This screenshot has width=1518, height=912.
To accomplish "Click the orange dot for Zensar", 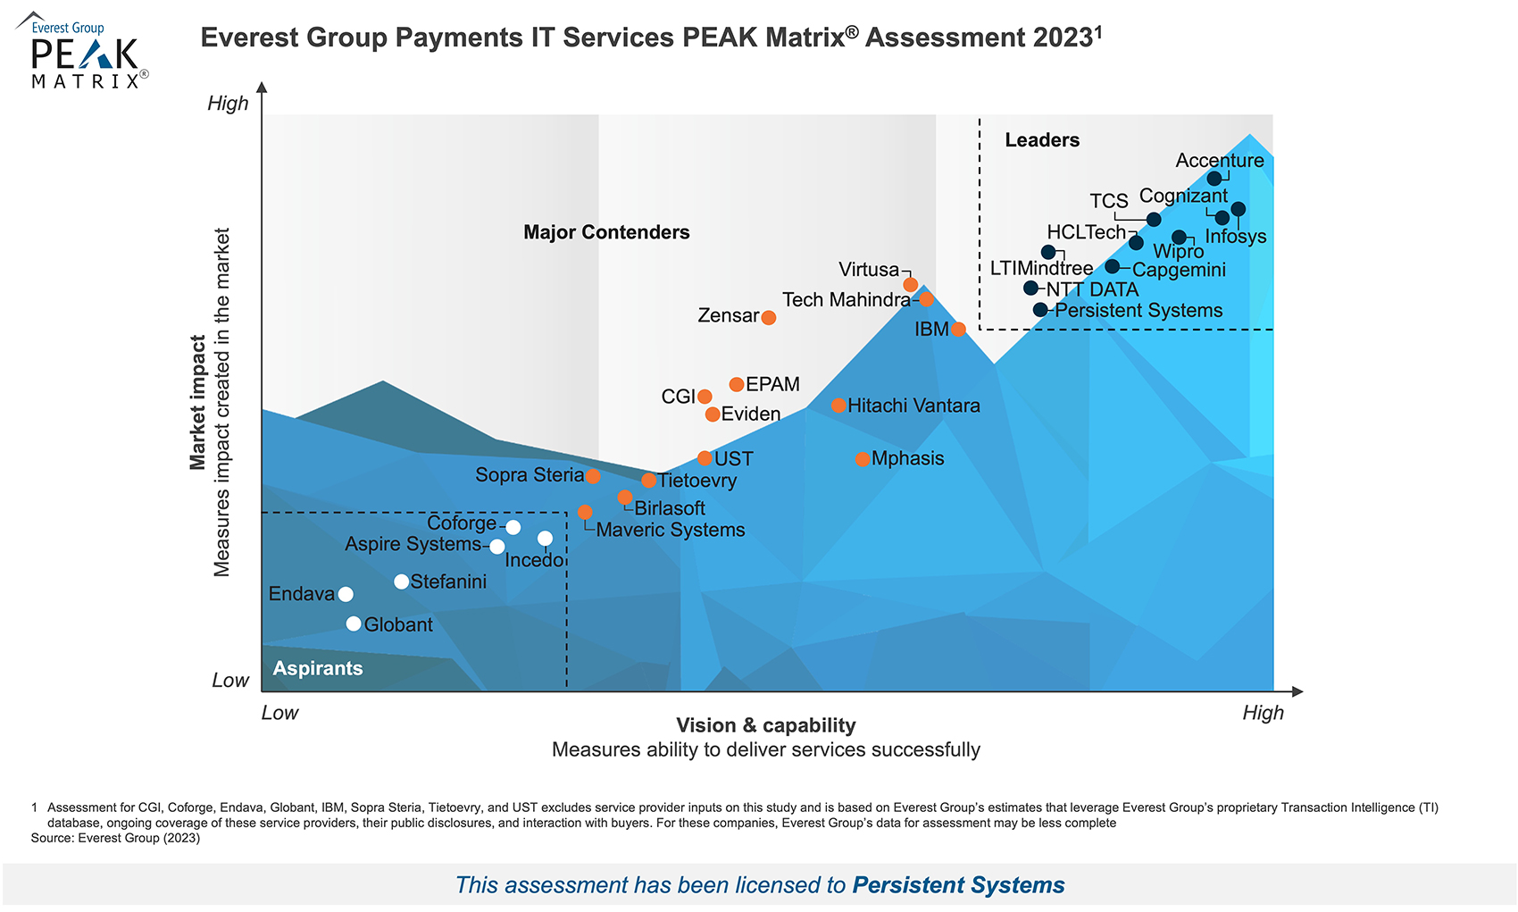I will coord(768,317).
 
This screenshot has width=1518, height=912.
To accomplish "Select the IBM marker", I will coord(958,330).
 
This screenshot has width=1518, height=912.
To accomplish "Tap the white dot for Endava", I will coord(346,594).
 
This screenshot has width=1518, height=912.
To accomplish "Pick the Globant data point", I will coord(354,623).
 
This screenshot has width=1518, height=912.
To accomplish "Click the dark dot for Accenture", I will coord(1214,179).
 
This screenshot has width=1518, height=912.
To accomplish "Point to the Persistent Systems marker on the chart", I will coord(1040,310).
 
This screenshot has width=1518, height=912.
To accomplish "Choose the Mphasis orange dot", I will coord(862,459).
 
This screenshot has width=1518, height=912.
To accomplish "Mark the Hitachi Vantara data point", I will coord(838,406).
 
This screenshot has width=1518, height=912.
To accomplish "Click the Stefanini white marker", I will coord(402,582).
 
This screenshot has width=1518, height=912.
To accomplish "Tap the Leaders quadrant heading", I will coord(1041,140).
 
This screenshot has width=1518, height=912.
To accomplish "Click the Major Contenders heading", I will coord(606,232).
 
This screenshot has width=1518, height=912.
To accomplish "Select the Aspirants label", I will coord(318,668).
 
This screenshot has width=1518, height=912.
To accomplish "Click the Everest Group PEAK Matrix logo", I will coord(82,51).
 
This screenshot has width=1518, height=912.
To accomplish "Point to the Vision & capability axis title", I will coord(765,725).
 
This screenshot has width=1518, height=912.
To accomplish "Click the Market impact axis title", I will coord(197,402).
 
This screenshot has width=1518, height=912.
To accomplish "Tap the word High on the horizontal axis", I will coord(1263,713).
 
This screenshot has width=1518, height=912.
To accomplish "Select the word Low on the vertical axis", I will coord(229,681).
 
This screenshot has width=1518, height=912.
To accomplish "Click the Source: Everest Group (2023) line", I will coord(115,838).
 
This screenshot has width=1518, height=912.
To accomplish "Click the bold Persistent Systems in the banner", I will coord(958,884).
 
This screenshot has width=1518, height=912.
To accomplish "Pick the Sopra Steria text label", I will coord(529,475).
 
